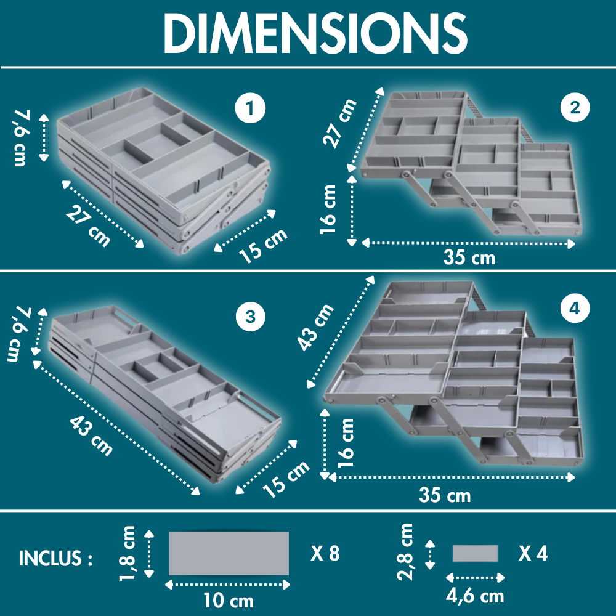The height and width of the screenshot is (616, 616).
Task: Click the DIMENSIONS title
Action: pyautogui.click(x=315, y=33)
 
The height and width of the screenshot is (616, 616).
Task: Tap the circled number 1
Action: pyautogui.click(x=250, y=108)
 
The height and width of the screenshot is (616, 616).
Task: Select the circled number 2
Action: pyautogui.click(x=575, y=107)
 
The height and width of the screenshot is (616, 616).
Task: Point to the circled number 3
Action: pyautogui.click(x=251, y=317)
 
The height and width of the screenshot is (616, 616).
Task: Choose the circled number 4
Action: pyautogui.click(x=575, y=308)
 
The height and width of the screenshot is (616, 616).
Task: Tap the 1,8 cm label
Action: pyautogui.click(x=128, y=553)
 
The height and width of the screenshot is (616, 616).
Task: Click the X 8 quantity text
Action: pyautogui.click(x=325, y=554)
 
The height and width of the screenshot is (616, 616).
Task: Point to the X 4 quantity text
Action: pyautogui.click(x=533, y=554)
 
